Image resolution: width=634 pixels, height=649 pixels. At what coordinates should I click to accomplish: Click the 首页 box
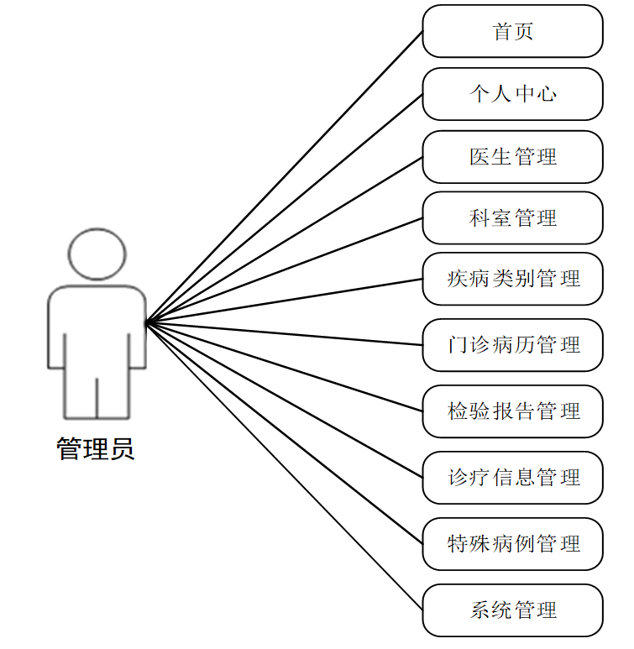(512, 31)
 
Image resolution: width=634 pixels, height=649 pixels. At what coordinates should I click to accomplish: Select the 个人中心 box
(512, 93)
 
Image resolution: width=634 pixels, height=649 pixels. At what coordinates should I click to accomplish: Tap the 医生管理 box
(512, 156)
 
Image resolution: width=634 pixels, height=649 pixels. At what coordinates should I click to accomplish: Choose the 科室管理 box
(512, 218)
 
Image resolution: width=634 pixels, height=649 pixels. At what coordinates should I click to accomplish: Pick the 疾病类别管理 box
(512, 278)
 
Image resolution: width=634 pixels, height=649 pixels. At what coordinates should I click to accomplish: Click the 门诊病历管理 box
(512, 344)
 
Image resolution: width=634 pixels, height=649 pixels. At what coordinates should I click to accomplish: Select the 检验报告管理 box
(512, 411)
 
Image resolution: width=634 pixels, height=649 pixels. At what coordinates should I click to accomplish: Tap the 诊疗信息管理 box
(512, 478)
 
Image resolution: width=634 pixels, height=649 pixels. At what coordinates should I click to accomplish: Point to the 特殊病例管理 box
(512, 544)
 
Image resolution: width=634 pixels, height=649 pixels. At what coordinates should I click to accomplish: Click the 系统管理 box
(512, 610)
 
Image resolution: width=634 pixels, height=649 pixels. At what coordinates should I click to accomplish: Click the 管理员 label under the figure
(95, 449)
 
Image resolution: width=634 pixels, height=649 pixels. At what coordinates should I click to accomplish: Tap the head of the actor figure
(97, 254)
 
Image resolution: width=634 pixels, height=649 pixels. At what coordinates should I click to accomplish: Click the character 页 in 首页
(524, 32)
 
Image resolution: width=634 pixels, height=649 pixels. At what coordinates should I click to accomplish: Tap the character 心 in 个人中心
(547, 93)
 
